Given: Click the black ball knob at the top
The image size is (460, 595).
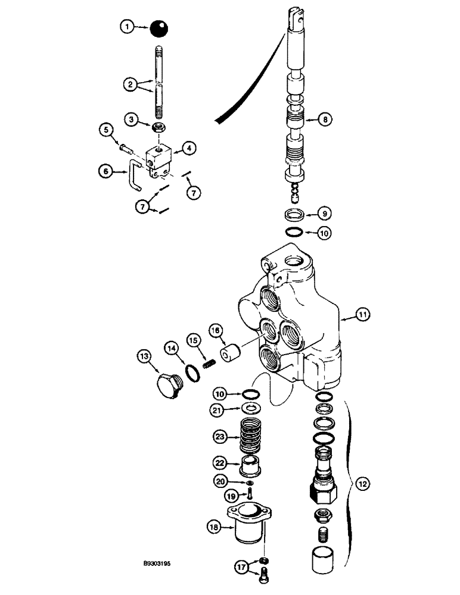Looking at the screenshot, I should [158, 28].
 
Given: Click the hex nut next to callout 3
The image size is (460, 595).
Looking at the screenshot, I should [159, 127].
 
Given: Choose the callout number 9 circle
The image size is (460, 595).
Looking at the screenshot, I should [324, 214].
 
